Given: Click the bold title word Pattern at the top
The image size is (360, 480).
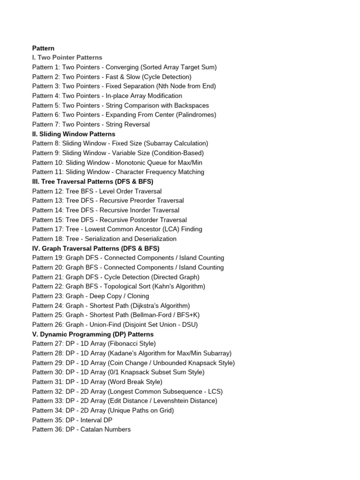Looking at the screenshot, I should click(43, 48).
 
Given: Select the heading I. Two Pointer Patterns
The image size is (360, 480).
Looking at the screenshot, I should click(67, 57).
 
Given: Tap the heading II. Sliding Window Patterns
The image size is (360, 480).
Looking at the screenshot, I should click(74, 134).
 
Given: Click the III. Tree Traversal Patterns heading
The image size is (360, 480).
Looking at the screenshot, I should click(93, 181).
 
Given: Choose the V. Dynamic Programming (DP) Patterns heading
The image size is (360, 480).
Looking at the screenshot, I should click(93, 334).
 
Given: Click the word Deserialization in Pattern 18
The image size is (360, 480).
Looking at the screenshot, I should click(154, 239).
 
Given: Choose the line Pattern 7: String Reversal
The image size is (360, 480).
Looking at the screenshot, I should click(91, 124).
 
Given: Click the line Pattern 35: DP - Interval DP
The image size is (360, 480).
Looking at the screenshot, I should click(72, 420).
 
